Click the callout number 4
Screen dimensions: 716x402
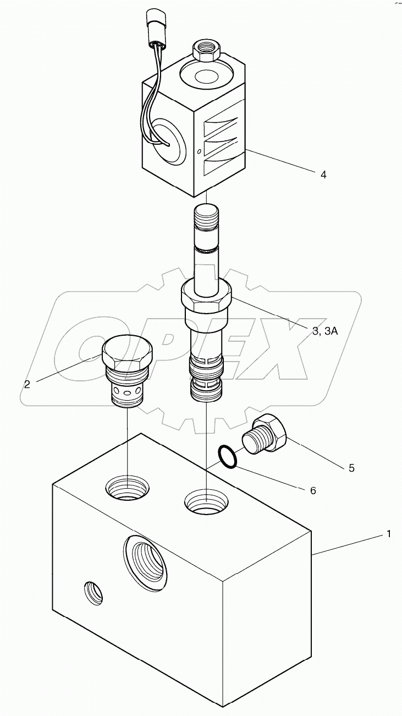(x=323, y=174)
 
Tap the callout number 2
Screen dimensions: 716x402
(x=27, y=384)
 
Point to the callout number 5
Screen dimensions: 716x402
(x=351, y=468)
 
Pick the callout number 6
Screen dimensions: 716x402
(x=313, y=490)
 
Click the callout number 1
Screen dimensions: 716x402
(x=389, y=533)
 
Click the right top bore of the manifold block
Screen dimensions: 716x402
(x=206, y=502)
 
